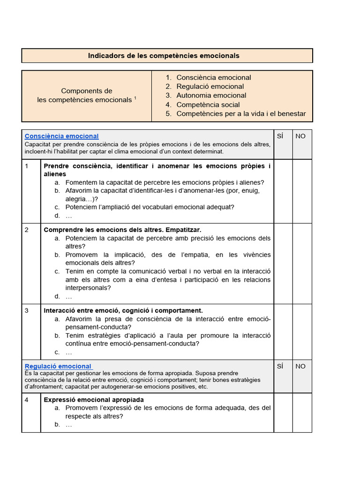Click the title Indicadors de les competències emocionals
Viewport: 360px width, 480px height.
(164, 56)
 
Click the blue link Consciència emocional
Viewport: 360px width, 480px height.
(61, 136)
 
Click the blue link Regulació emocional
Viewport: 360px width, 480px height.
(58, 366)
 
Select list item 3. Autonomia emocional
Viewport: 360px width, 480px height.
(211, 96)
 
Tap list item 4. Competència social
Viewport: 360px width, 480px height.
(208, 105)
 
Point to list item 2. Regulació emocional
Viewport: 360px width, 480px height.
(210, 87)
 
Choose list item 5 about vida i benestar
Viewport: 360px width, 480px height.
(240, 113)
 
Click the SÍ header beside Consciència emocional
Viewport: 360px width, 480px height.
(280, 136)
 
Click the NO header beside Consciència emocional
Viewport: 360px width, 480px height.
(300, 136)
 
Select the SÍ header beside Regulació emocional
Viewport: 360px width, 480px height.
(280, 366)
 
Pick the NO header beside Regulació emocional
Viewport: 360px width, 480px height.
(300, 366)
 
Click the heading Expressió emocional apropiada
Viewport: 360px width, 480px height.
(94, 400)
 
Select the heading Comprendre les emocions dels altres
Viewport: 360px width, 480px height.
(122, 230)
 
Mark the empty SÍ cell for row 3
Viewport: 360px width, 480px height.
(283, 331)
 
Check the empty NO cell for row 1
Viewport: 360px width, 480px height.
(302, 191)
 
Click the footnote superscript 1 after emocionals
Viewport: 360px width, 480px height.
(135, 98)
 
